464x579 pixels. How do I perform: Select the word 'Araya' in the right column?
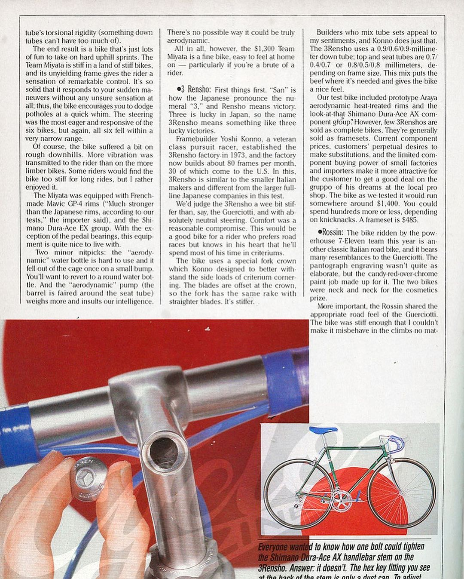point(426,98)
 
